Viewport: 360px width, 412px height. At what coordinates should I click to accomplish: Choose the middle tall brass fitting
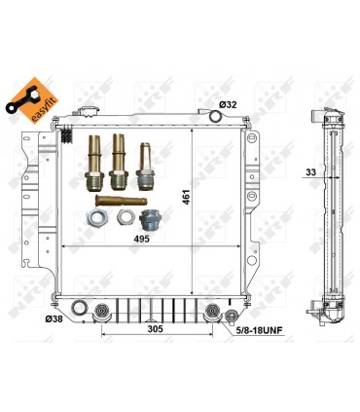click(119, 161)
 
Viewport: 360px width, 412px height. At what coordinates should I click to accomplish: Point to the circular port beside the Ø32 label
click(216, 117)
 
